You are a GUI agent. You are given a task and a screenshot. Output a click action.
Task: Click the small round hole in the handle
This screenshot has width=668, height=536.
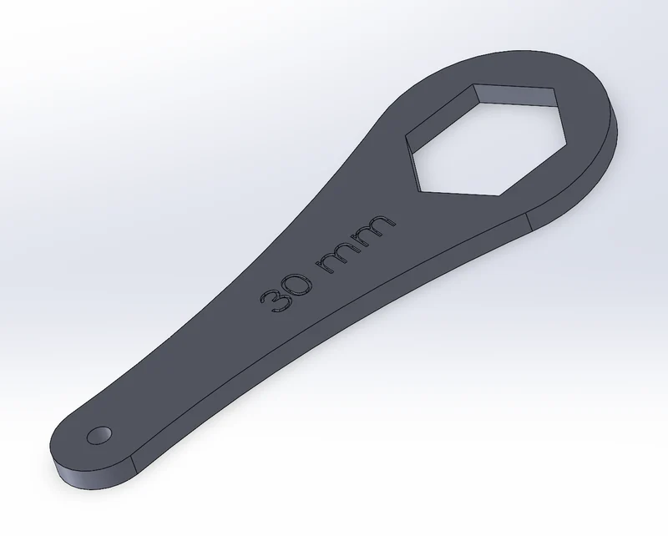(x=99, y=436)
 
